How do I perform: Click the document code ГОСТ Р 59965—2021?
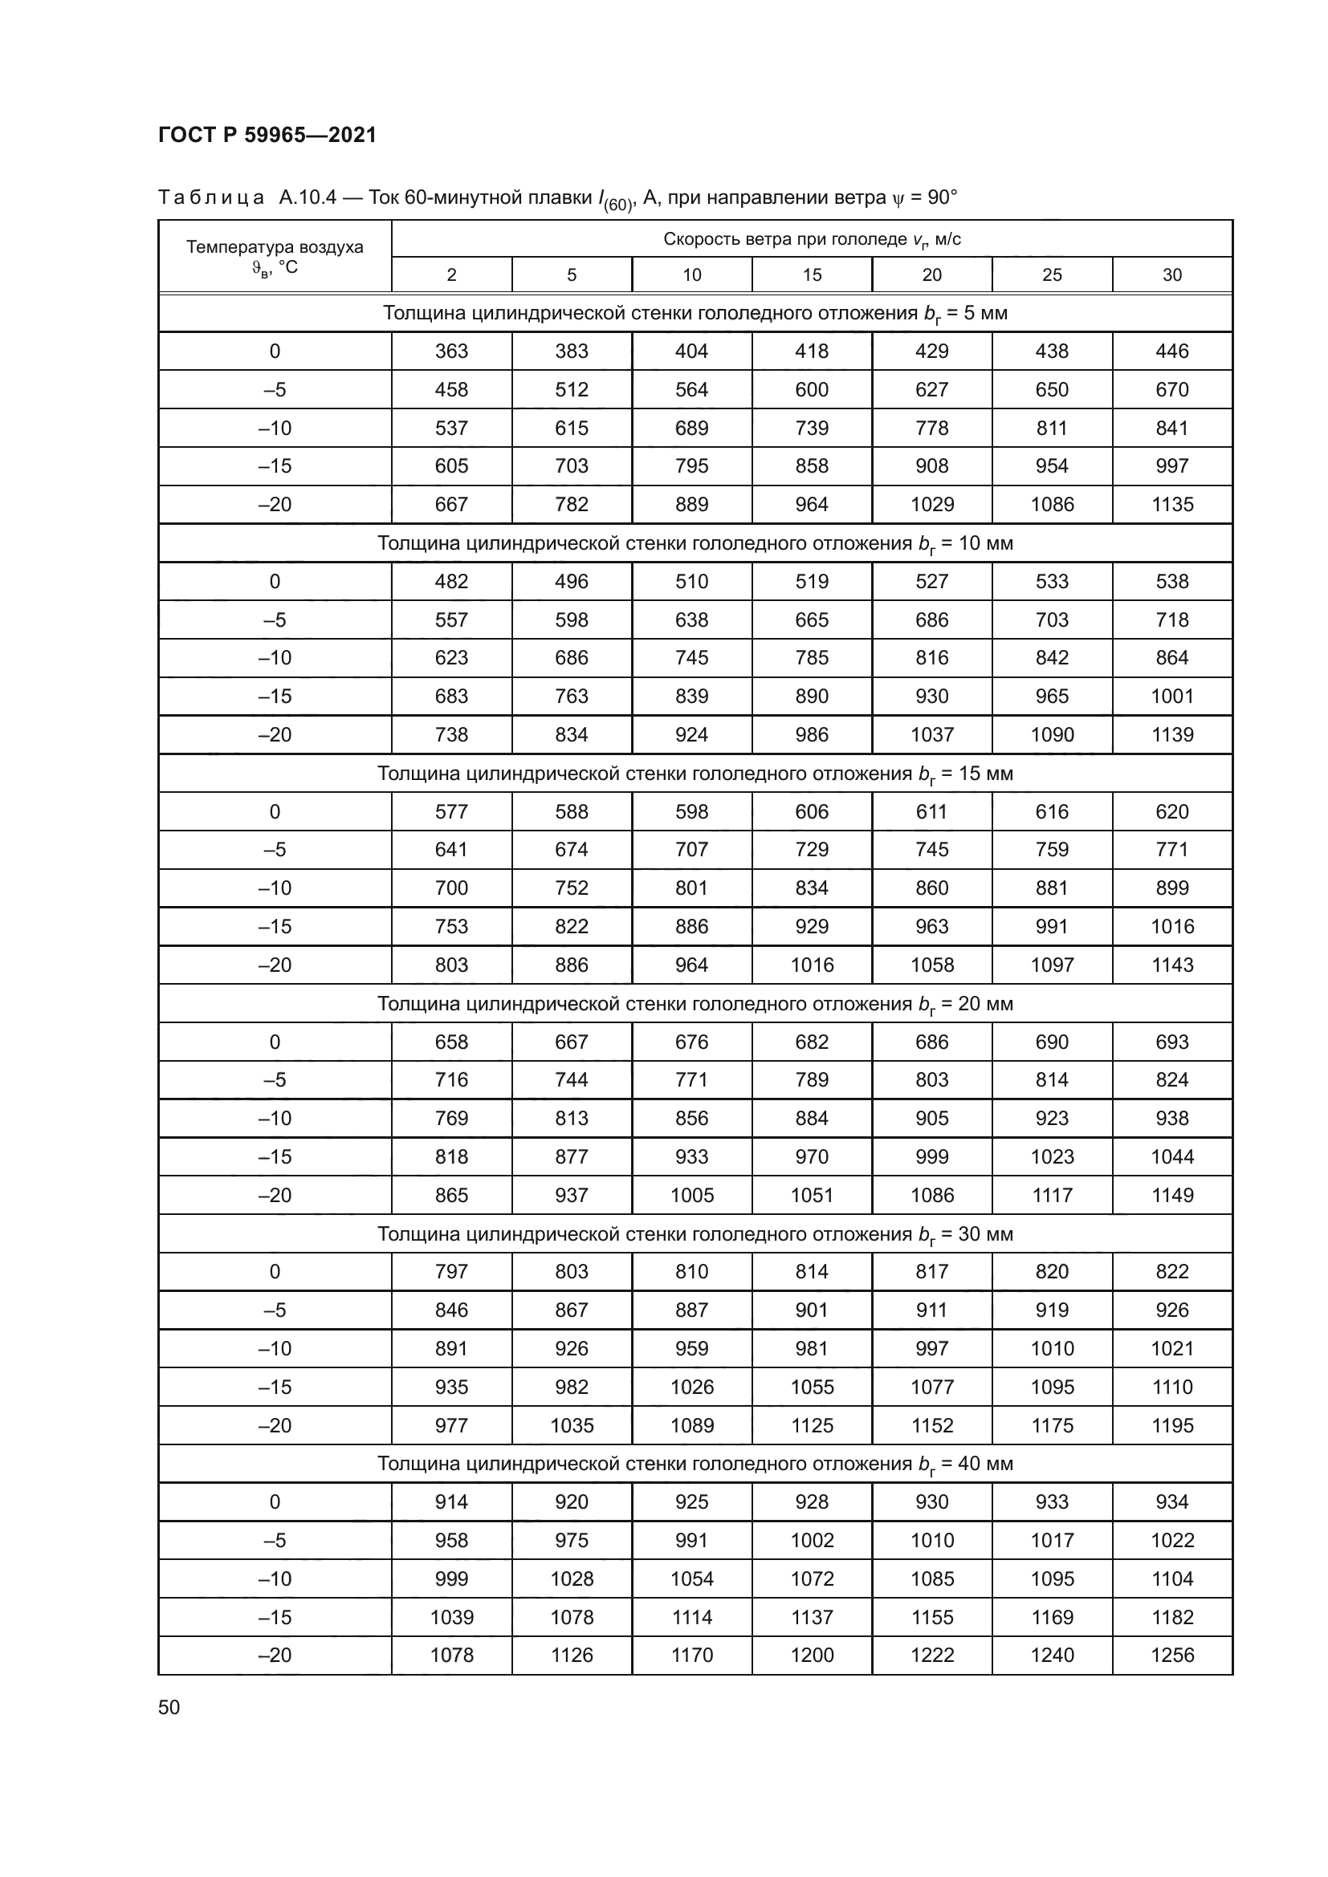[x=267, y=135]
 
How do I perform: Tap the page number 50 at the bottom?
[x=169, y=1707]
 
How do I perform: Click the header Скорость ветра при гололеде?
[x=811, y=238]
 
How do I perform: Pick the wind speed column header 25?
[x=1052, y=274]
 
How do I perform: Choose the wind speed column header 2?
[x=451, y=274]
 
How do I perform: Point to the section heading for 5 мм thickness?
[x=695, y=313]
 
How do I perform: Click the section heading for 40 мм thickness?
[x=695, y=1464]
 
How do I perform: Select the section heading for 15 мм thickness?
[x=695, y=774]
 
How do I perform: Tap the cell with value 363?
[x=451, y=351]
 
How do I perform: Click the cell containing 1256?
[x=1171, y=1655]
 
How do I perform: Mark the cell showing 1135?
[x=1171, y=505]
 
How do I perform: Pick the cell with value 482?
[x=451, y=581]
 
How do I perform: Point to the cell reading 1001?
[x=1171, y=696]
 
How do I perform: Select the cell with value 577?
[x=451, y=812]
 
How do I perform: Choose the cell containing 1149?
[x=1171, y=1195]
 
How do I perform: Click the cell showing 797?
[x=451, y=1271]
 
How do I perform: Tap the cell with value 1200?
[x=811, y=1655]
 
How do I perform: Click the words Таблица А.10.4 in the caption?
[x=247, y=198]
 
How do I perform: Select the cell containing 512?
[x=572, y=389]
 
